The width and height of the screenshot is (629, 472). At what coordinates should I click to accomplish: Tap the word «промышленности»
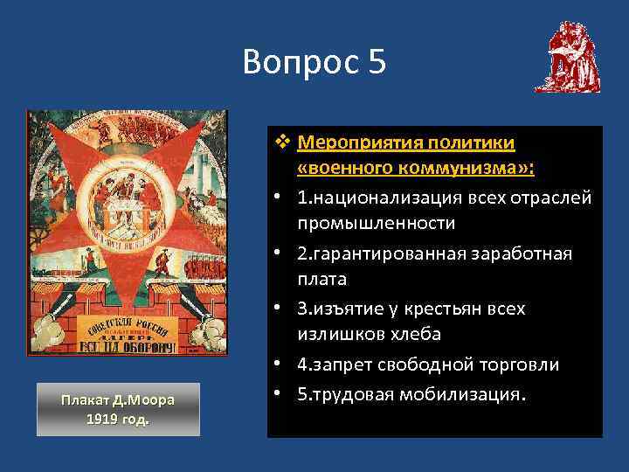[x=376, y=223]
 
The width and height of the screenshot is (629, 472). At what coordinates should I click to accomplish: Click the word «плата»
[x=321, y=279]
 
